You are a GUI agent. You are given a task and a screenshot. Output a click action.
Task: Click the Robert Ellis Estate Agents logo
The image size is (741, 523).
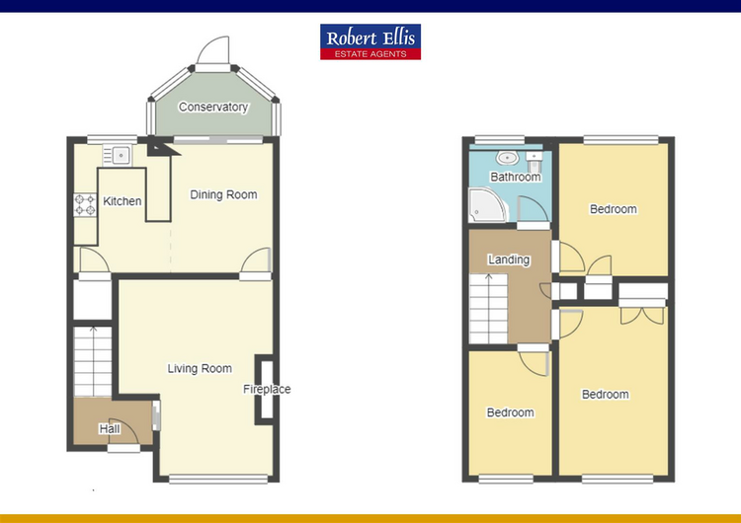point(370,42)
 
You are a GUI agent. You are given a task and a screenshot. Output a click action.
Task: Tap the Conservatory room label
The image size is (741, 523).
point(213,108)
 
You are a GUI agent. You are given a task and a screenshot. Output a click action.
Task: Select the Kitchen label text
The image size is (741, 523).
point(122,201)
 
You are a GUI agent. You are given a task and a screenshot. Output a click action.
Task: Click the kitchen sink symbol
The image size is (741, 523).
point(118,155)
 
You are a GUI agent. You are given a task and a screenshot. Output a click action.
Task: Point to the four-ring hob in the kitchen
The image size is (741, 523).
point(85,205)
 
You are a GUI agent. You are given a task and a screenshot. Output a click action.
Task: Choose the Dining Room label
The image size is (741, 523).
point(223,194)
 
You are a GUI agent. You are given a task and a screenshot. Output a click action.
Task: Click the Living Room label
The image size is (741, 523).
point(200,368)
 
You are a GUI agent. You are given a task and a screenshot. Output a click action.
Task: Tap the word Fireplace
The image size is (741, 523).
point(267,389)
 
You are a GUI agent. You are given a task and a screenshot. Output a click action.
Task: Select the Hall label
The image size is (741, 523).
point(109,429)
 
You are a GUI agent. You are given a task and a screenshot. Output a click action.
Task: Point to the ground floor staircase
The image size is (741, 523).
point(93,361)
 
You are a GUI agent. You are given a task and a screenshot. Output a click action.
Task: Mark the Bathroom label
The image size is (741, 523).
point(516,177)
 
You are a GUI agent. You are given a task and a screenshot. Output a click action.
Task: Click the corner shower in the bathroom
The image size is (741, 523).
point(487,205)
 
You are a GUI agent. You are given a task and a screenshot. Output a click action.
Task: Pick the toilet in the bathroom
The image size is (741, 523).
point(534,162)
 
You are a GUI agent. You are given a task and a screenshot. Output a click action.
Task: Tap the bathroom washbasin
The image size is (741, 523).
point(508,158)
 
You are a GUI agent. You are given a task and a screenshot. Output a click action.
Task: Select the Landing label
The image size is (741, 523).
point(509,260)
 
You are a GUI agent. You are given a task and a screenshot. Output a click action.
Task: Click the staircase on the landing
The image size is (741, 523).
point(488,309)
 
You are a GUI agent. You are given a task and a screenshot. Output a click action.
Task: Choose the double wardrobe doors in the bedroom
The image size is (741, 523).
point(642,316)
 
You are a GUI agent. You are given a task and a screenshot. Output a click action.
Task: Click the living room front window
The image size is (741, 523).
point(218,480)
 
